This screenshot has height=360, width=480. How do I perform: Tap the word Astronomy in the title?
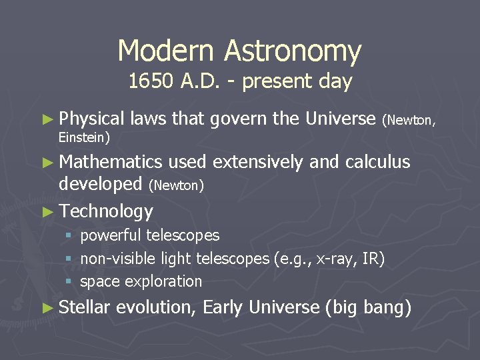(x=293, y=51)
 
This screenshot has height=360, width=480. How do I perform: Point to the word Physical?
(x=92, y=119)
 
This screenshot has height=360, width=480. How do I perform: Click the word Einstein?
(x=84, y=137)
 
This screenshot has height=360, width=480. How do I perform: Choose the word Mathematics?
(x=111, y=162)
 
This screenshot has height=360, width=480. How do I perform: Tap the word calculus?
(x=378, y=162)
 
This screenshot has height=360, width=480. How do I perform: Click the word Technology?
(x=106, y=211)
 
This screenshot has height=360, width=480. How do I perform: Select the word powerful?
(x=111, y=235)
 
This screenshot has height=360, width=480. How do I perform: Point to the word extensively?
(x=254, y=162)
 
